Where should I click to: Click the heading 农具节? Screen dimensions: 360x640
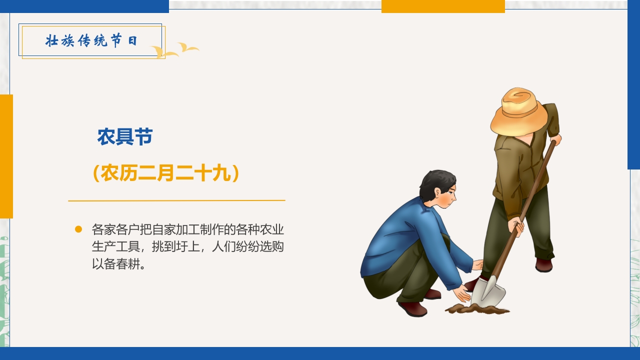[x=125, y=137]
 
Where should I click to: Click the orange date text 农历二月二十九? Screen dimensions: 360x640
[x=166, y=173]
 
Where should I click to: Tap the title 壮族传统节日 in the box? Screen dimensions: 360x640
[x=91, y=41]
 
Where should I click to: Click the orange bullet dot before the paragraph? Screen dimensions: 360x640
[x=78, y=229]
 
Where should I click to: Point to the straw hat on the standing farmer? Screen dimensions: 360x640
[x=519, y=112]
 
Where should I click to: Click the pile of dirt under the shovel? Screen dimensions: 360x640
[x=477, y=309]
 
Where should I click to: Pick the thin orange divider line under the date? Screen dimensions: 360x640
[x=176, y=200]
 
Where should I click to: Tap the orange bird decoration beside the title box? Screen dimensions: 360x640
[x=175, y=50]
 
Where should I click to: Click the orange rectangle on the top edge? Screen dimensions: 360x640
[x=443, y=6]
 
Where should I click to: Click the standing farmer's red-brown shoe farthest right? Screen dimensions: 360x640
[x=543, y=265]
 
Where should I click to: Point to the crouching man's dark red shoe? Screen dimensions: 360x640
[x=412, y=308]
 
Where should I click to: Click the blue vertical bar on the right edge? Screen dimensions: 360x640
[x=633, y=85]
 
